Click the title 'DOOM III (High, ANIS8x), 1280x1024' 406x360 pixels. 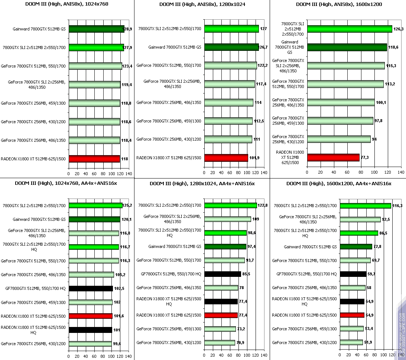(x=202, y=4)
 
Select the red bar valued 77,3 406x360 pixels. (x=333, y=157)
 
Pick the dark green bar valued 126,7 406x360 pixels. (x=231, y=47)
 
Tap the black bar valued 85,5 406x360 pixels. (x=223, y=274)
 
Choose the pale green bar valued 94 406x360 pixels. (x=338, y=139)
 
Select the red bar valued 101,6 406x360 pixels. (x=90, y=316)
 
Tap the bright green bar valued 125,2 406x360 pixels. (x=95, y=205)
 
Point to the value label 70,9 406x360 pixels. (x=240, y=342)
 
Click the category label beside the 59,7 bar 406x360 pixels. (x=306, y=274)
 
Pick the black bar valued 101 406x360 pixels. (x=90, y=330)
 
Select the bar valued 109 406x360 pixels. (x=227, y=219)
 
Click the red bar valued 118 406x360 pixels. (x=94, y=159)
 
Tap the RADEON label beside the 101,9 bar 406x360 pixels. (x=169, y=158)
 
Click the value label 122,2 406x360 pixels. (x=263, y=65)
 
